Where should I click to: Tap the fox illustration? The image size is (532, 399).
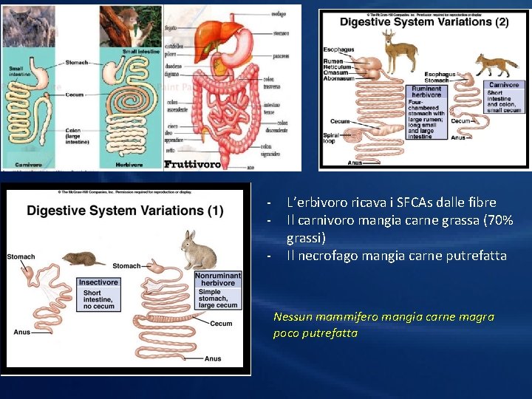[x=495, y=65]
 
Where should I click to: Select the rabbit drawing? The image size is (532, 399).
[x=199, y=250]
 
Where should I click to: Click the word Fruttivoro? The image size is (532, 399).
[x=192, y=164]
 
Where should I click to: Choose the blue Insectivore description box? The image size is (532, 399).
[x=98, y=293]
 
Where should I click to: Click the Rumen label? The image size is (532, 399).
[x=334, y=61]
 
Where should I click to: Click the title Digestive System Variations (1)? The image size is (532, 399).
[x=125, y=211]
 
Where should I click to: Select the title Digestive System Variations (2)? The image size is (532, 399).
[x=424, y=22]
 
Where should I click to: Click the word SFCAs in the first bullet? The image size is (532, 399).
[x=401, y=202]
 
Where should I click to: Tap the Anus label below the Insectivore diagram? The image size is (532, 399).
[x=22, y=332]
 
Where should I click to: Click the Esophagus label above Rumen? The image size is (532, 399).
[x=338, y=50]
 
